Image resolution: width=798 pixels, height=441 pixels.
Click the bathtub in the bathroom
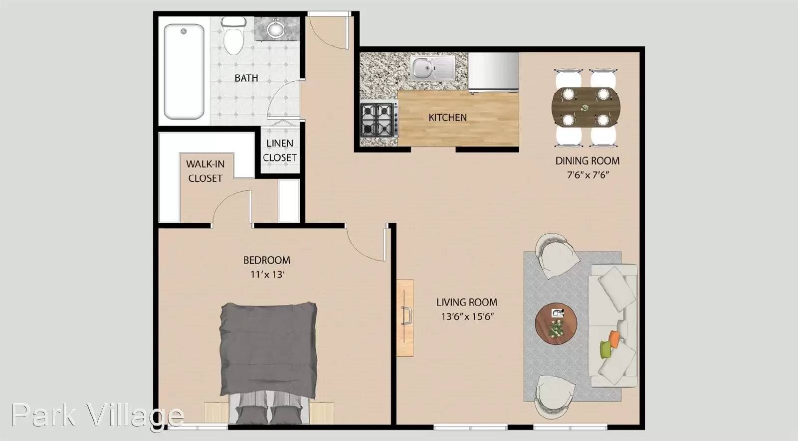pos(184,72)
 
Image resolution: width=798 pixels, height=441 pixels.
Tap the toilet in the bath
pos(233,35)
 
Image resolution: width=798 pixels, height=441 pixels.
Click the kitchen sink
pos(432,68)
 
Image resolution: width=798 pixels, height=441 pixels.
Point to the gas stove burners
pos(379,120)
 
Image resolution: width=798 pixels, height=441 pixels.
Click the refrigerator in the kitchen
pos(493,72)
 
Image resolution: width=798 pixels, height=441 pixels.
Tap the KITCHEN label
pos(447,118)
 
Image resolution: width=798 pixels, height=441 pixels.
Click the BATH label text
pos(246,78)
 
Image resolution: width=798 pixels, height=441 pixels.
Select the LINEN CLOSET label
pos(280,150)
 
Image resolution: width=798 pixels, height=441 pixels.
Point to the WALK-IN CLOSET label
pos(205,171)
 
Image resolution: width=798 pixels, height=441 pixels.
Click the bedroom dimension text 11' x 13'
pos(267,275)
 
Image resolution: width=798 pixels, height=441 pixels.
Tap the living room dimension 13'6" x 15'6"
pos(467,316)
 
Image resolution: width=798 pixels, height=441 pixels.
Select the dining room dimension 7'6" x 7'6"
pos(588,175)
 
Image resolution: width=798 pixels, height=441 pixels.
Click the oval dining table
pos(586,107)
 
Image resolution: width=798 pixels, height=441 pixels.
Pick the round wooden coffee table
pos(556,323)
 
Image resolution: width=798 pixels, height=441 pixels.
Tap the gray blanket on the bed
pos(269,350)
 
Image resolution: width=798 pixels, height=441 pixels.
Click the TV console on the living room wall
pos(405,318)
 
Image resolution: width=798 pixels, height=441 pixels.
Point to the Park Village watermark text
pos(97,415)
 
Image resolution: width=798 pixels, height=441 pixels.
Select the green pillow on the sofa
pos(605,349)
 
